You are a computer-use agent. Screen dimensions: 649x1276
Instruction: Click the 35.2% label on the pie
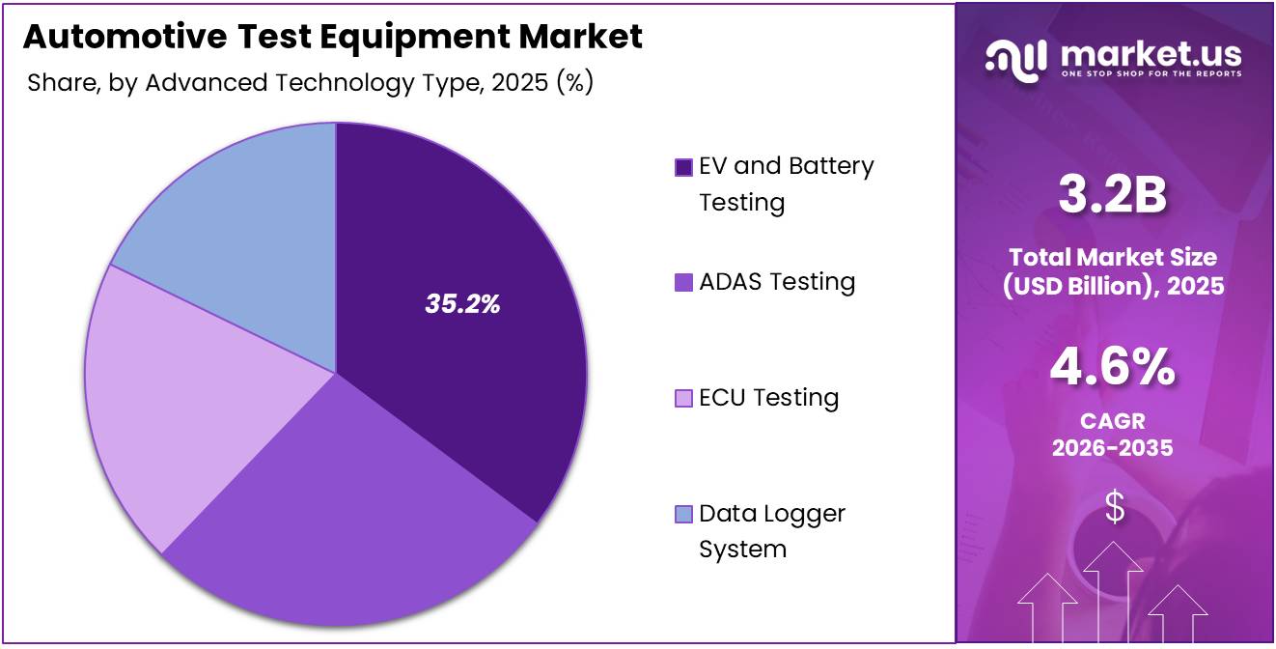pyautogui.click(x=462, y=304)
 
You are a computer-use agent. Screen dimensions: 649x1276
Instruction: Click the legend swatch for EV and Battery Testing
pyautogui.click(x=683, y=167)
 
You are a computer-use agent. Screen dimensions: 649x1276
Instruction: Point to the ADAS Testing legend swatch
pyautogui.click(x=683, y=283)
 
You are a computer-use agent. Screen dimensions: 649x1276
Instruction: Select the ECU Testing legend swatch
pyautogui.click(x=683, y=399)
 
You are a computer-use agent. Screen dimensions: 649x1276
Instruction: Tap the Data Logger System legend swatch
pyautogui.click(x=683, y=515)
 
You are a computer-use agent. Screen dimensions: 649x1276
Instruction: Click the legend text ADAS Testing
pyautogui.click(x=777, y=282)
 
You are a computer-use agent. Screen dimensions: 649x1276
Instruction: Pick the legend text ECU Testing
pyautogui.click(x=768, y=398)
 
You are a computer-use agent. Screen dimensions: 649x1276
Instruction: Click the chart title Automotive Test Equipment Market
pyautogui.click(x=332, y=37)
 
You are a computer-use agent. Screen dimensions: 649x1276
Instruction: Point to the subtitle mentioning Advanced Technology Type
pyautogui.click(x=310, y=83)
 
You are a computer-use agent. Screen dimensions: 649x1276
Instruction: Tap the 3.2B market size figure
pyautogui.click(x=1112, y=195)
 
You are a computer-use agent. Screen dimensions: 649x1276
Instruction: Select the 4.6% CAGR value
pyautogui.click(x=1112, y=368)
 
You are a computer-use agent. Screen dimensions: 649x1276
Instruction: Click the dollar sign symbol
pyautogui.click(x=1114, y=507)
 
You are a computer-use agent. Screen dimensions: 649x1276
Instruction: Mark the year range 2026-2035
pyautogui.click(x=1112, y=448)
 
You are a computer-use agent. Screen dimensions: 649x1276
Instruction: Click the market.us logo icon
pyautogui.click(x=1015, y=58)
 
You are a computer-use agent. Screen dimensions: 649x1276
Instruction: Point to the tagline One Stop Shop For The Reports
pyautogui.click(x=1151, y=73)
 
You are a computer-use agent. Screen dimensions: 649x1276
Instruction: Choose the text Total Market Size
pyautogui.click(x=1112, y=257)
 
